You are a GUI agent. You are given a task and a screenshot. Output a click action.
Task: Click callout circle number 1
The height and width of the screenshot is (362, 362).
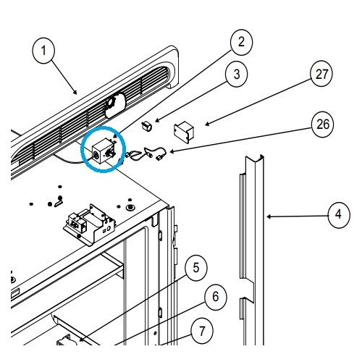pyautogui.click(x=43, y=51)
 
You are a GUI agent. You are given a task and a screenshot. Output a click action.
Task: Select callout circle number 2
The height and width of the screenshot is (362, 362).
pyautogui.click(x=242, y=42)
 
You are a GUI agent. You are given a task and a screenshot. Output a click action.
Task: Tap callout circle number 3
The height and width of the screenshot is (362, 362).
pyautogui.click(x=237, y=74)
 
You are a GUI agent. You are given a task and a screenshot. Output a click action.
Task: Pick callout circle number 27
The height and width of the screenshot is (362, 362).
pyautogui.click(x=321, y=74)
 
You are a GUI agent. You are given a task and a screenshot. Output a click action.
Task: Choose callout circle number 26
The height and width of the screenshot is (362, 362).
pyautogui.click(x=323, y=125)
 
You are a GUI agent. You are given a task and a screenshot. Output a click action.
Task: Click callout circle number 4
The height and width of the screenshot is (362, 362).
pyautogui.click(x=339, y=214)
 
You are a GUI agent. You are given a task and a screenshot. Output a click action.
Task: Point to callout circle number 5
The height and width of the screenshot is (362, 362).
pyautogui.click(x=196, y=268)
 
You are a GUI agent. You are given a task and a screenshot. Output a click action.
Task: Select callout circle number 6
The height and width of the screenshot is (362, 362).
pyautogui.click(x=216, y=296)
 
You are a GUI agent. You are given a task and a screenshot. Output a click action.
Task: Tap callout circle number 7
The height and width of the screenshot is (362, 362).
pyautogui.click(x=202, y=330)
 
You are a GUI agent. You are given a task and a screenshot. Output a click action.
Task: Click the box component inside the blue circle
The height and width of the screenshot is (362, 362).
pyautogui.click(x=104, y=151)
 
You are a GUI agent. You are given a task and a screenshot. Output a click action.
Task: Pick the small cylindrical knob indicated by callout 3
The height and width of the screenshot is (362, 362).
pyautogui.click(x=146, y=126)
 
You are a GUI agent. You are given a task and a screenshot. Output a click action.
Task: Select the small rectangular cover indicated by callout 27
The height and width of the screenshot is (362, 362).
pyautogui.click(x=184, y=132)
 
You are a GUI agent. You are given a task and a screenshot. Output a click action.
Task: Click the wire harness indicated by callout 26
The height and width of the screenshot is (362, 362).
pyautogui.click(x=146, y=154)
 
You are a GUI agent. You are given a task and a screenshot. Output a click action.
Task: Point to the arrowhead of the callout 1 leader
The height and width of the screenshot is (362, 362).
pyautogui.click(x=75, y=92)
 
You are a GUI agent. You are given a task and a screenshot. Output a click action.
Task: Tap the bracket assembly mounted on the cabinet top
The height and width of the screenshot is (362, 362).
pyautogui.click(x=89, y=224)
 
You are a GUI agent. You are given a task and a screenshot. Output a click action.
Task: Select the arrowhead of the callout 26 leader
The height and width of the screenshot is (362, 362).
pyautogui.click(x=172, y=151)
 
